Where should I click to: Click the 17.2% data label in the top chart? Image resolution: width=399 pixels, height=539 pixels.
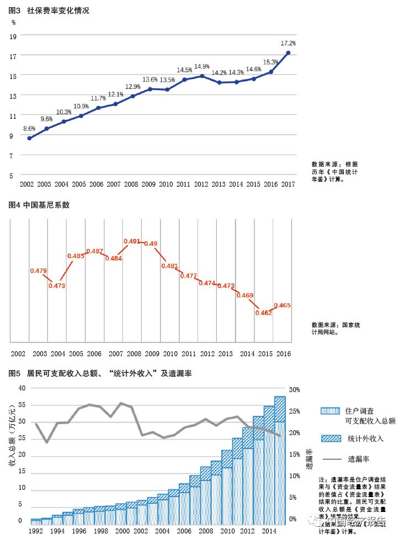288,43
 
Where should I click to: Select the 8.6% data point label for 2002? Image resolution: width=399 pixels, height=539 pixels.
29,129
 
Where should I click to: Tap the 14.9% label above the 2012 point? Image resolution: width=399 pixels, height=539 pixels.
201,67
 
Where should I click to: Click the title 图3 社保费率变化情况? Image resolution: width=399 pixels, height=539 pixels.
49,10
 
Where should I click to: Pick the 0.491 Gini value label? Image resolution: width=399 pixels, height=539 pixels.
132,241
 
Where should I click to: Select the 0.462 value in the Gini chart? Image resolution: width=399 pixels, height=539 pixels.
263,313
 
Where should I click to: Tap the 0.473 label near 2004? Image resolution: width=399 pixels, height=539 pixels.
57,286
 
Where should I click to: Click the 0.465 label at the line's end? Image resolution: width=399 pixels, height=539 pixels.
282,305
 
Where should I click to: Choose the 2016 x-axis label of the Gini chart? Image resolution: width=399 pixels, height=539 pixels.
284,353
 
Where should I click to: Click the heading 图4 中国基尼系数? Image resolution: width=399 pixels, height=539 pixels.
39,205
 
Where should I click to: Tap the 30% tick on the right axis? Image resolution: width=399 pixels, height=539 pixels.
295,389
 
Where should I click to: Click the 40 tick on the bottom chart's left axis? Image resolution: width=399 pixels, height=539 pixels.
22,388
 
